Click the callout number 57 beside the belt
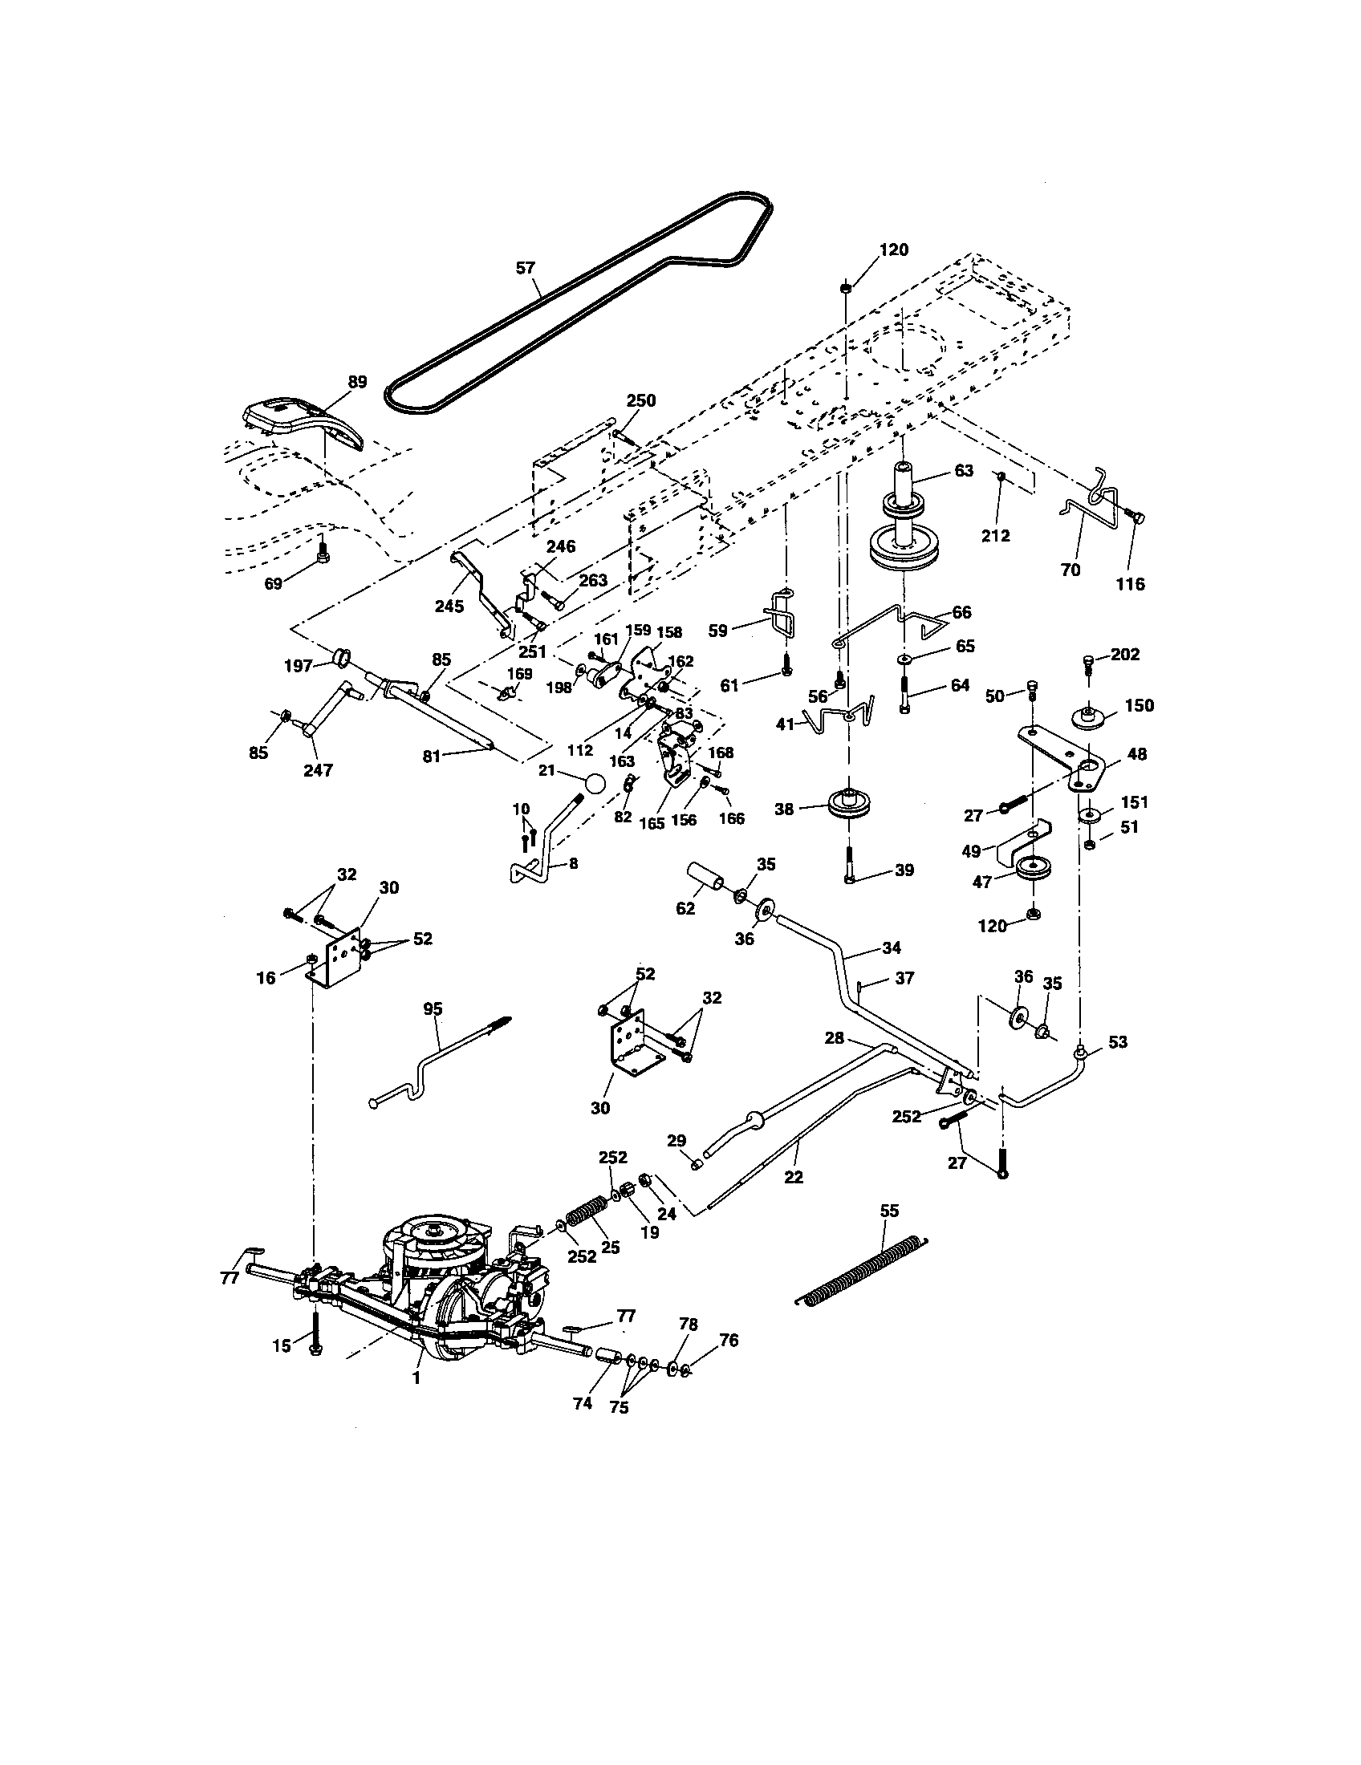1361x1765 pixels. coord(526,267)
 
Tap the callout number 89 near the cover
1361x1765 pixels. coord(356,382)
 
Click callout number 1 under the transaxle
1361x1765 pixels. coord(416,1378)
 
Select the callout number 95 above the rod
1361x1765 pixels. coord(433,1008)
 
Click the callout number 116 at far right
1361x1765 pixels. coord(1130,583)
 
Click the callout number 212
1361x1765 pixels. coord(995,535)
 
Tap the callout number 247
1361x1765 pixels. coord(318,770)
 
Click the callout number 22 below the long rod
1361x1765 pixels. coord(794,1178)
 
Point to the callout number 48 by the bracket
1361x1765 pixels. coord(1136,754)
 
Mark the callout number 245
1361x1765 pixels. coord(449,605)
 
